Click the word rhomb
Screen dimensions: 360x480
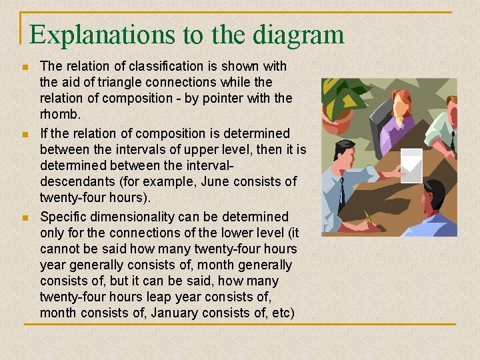[58, 115]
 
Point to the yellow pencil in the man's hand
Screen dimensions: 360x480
[367, 216]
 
